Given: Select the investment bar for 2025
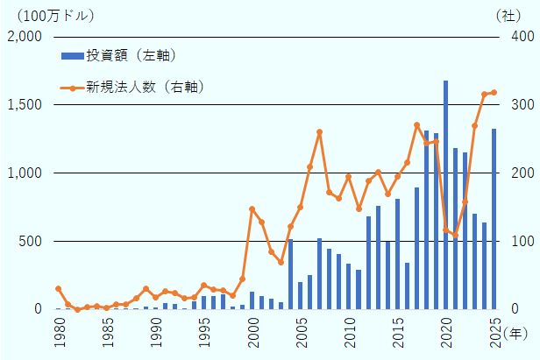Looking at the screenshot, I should (x=494, y=219).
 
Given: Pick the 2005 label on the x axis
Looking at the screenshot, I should (x=301, y=335).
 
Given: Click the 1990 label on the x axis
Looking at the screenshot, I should (x=155, y=335).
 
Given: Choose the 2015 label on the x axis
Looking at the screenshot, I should (x=397, y=335).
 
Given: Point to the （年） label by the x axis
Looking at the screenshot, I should (x=516, y=334).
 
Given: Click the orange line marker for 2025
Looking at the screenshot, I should (x=494, y=93).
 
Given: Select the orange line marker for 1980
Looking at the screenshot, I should (x=58, y=288).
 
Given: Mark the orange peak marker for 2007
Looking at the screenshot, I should (x=320, y=132).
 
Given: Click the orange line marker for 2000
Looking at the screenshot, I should (x=252, y=208).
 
